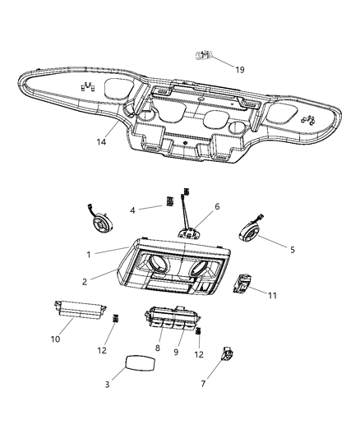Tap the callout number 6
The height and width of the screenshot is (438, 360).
point(218,208)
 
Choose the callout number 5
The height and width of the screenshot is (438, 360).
point(293,249)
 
